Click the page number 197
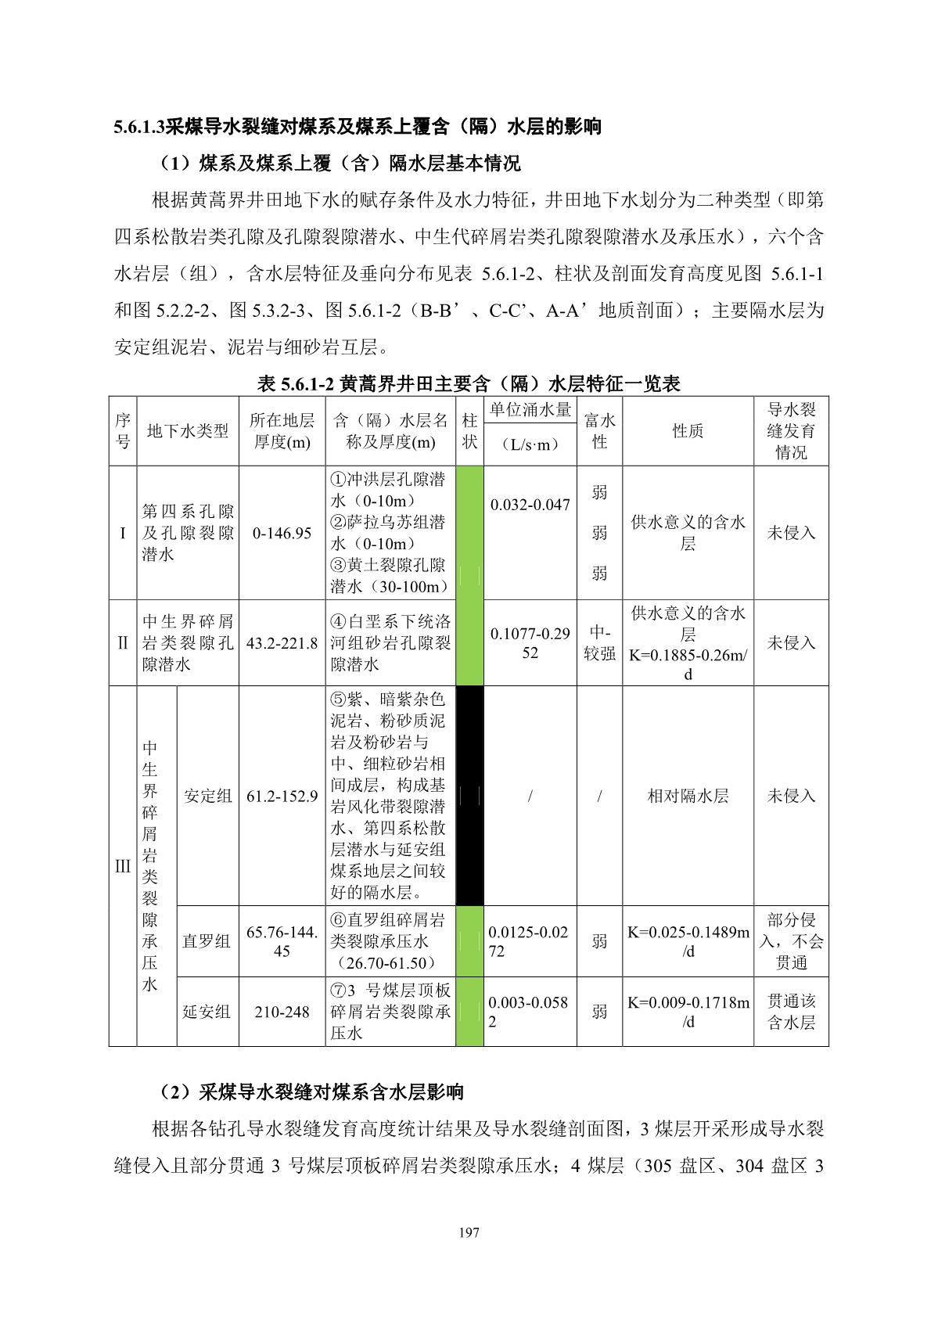[x=469, y=1232]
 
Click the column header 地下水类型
[x=188, y=431]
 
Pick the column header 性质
[x=688, y=431]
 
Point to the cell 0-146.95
[x=282, y=533]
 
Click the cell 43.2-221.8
[x=282, y=643]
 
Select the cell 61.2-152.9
[x=282, y=796]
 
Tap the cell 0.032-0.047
[x=530, y=505]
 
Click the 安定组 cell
[x=207, y=796]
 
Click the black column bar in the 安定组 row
[x=469, y=796]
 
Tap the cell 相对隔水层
[x=688, y=796]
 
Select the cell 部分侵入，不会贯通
[x=791, y=941]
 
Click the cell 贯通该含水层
[x=791, y=1012]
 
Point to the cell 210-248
[x=282, y=1012]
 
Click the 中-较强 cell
[x=599, y=643]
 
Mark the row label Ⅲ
[x=123, y=866]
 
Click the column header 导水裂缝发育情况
[x=791, y=431]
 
